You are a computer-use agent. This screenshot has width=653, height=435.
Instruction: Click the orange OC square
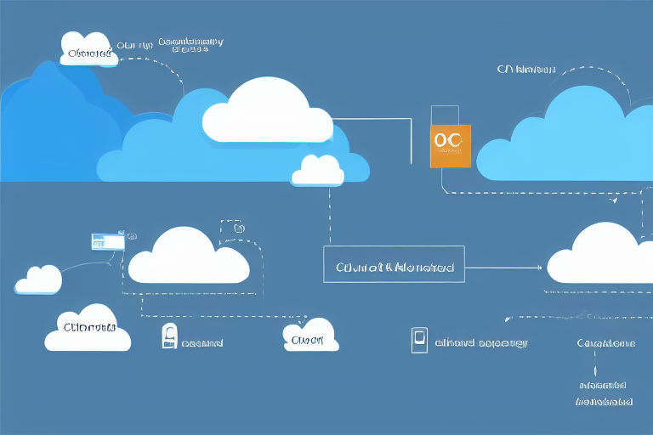coord(451,143)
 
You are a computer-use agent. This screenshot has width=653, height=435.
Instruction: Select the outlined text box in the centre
coord(395,265)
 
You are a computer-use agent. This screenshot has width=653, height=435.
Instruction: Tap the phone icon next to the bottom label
coord(417,339)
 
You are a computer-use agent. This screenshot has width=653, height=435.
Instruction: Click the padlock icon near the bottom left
coord(168,337)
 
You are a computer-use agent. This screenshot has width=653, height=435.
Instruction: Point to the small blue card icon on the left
coord(107,240)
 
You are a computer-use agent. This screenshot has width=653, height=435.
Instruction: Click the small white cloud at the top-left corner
coord(87,48)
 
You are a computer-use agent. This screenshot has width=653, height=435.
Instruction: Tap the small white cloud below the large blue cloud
coord(317,171)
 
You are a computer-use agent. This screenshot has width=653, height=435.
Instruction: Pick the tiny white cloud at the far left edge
coord(38,280)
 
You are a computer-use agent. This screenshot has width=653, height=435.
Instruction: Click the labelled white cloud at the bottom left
coord(88,328)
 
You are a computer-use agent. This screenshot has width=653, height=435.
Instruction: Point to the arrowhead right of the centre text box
coord(539,267)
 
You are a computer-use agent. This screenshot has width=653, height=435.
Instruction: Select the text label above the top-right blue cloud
coord(525,70)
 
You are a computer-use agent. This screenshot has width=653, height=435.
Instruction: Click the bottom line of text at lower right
coord(605,400)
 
